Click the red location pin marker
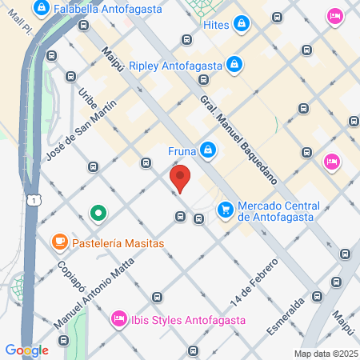[180, 178]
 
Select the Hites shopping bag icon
[241, 26]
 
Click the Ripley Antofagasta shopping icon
[234, 62]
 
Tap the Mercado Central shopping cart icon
[226, 209]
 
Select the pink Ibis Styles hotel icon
[119, 318]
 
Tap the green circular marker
[98, 213]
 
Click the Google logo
[26, 350]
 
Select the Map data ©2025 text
[326, 354]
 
